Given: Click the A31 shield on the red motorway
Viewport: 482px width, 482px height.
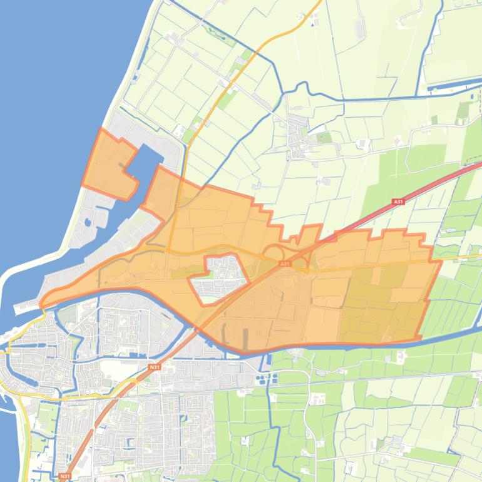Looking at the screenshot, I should click(398, 202).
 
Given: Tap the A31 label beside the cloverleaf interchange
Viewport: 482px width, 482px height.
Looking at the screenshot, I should click(285, 264).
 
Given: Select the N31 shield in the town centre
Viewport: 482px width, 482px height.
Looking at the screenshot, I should click(154, 367).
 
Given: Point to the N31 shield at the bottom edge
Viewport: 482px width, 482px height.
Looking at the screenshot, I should click(64, 476).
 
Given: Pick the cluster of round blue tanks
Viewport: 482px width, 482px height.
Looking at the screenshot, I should click(276, 379).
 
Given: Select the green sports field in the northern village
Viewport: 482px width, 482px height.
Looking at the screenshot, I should click(324, 137).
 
